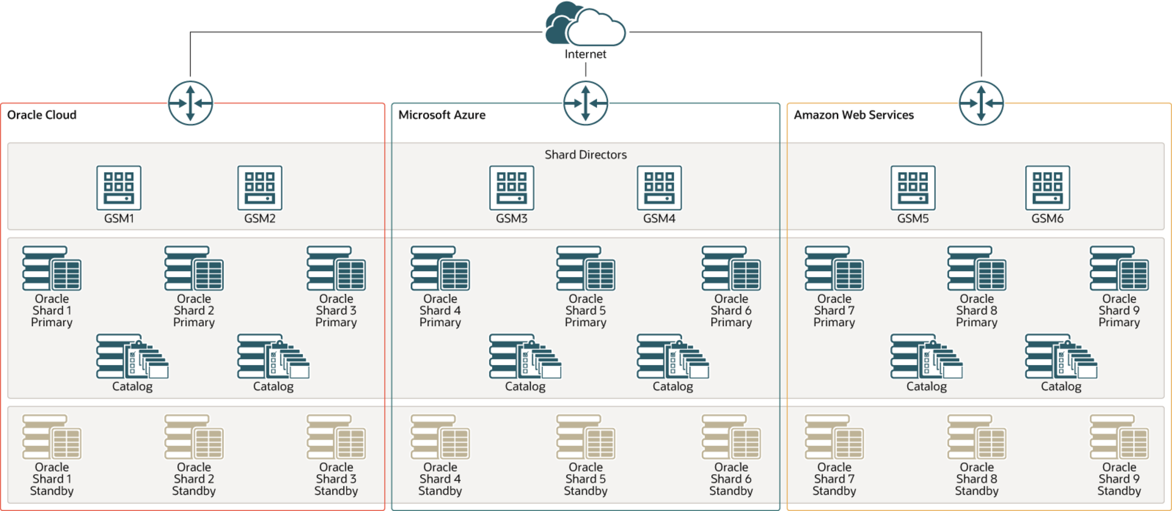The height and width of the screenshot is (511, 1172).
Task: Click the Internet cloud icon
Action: (x=585, y=24)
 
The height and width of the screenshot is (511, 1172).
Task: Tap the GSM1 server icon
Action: (x=119, y=188)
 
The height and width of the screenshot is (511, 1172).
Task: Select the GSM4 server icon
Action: (x=659, y=188)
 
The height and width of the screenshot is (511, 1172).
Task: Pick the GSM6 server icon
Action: (x=1047, y=188)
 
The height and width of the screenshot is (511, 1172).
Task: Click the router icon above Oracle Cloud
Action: (x=190, y=103)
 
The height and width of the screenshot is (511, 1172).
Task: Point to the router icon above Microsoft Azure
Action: (x=585, y=103)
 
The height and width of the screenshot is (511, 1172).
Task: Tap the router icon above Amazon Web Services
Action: (x=981, y=103)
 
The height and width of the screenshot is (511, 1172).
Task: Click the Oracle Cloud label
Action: (x=42, y=115)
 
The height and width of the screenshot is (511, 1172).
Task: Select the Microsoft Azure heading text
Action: (x=442, y=115)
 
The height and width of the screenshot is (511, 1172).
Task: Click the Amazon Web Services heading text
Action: (x=853, y=115)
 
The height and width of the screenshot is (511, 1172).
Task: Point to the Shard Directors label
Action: (x=585, y=154)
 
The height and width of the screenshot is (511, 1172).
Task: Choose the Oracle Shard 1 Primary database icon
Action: (x=52, y=269)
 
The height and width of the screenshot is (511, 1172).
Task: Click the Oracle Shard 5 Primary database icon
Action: (x=585, y=269)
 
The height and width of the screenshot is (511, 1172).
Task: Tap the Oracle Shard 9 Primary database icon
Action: (x=1119, y=269)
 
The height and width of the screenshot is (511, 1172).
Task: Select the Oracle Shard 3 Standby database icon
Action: (x=336, y=437)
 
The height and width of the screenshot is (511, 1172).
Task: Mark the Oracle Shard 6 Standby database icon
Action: (x=731, y=437)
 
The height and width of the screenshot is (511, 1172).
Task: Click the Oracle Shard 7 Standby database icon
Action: (x=834, y=437)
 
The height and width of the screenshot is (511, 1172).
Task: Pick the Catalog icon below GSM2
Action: (x=273, y=357)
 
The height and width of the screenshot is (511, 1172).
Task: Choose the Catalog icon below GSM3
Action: (x=525, y=357)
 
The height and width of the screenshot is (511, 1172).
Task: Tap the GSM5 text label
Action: (x=913, y=219)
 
